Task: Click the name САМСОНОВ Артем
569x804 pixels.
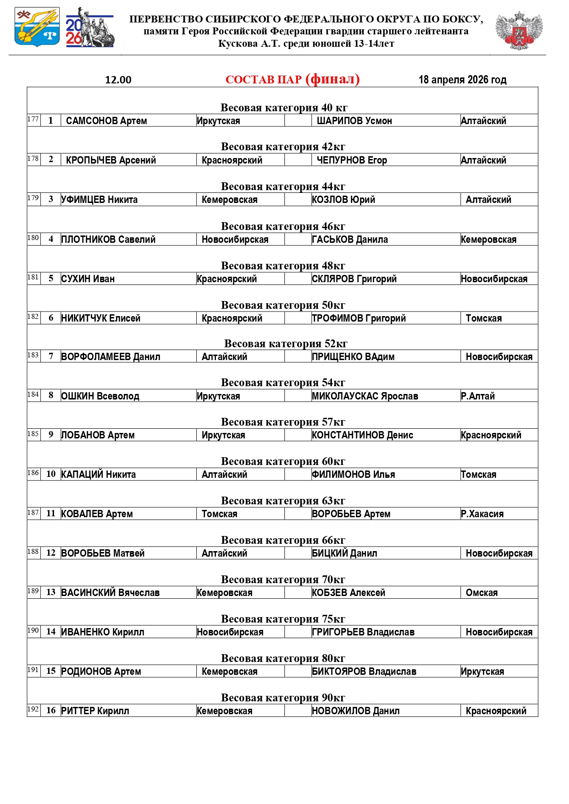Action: (x=106, y=121)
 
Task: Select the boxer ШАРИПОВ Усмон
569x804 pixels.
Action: (x=354, y=121)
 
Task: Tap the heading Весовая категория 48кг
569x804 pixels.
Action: (x=283, y=266)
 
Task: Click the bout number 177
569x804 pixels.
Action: (x=33, y=119)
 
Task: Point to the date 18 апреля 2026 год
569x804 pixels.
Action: (x=462, y=80)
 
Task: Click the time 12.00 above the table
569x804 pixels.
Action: (x=118, y=80)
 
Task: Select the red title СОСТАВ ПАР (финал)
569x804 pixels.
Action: (x=293, y=79)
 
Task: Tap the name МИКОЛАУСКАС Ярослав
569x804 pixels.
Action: (x=365, y=396)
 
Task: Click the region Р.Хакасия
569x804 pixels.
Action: (x=482, y=514)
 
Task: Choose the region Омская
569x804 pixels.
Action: (x=481, y=593)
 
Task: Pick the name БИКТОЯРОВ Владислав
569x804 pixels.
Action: (x=364, y=672)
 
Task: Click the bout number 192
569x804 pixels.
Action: (x=33, y=709)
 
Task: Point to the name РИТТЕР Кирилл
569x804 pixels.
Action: (x=95, y=711)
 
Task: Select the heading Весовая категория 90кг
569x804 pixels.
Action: (x=283, y=698)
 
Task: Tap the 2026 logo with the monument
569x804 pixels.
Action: (x=90, y=27)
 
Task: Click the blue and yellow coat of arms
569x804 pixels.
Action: (x=37, y=27)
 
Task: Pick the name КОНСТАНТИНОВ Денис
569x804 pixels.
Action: (x=362, y=435)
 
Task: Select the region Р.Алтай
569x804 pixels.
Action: (x=478, y=396)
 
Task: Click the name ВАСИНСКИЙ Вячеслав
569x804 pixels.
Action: (x=110, y=593)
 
